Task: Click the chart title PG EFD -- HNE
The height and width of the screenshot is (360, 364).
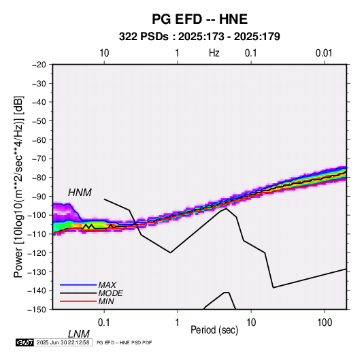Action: pyautogui.click(x=199, y=19)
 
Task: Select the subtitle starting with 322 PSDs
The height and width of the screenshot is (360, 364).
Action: pyautogui.click(x=199, y=37)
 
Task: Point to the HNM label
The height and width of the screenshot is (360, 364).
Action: pyautogui.click(x=80, y=193)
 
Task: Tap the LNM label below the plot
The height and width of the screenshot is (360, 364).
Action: pyautogui.click(x=79, y=334)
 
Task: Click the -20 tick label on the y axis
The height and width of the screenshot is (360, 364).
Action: pyautogui.click(x=39, y=65)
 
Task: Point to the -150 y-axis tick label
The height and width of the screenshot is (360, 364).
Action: pyautogui.click(x=37, y=309)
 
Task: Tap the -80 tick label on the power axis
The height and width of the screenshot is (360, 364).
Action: pyautogui.click(x=39, y=178)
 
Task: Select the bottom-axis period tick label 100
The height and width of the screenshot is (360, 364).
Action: pyautogui.click(x=325, y=323)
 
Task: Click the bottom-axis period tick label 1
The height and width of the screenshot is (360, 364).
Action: pyautogui.click(x=178, y=323)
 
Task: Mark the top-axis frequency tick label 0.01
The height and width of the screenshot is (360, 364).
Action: pyautogui.click(x=324, y=53)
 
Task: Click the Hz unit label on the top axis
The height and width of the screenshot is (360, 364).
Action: pyautogui.click(x=214, y=53)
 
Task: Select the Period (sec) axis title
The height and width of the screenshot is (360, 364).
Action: pyautogui.click(x=214, y=330)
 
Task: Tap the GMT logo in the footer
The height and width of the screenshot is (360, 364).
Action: pyautogui.click(x=24, y=342)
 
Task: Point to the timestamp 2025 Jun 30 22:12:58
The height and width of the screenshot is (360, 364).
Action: pyautogui.click(x=63, y=342)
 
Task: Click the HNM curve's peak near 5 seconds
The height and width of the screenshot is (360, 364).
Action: pyautogui.click(x=226, y=208)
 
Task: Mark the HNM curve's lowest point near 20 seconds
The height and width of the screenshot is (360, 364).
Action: pyautogui.click(x=274, y=288)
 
